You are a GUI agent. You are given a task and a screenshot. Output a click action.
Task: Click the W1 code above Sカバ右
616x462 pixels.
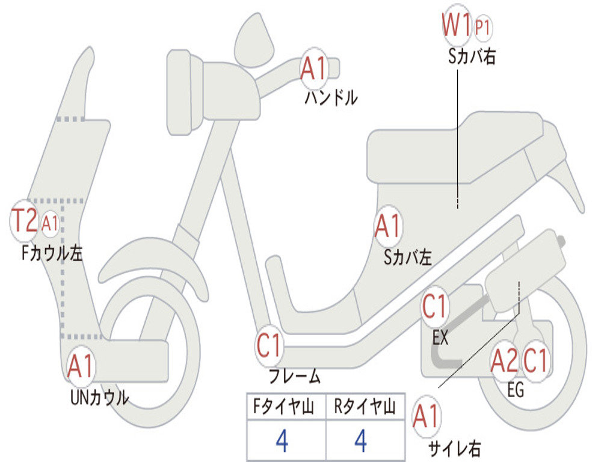[x=457, y=26]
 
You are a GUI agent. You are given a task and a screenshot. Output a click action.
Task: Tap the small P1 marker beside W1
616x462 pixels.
[x=483, y=28]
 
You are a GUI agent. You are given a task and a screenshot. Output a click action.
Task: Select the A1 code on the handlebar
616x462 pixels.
[x=314, y=68]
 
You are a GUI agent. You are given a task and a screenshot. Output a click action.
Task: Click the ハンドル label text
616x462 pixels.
[x=331, y=97]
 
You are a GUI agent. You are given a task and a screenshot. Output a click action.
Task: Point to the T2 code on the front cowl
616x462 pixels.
[x=25, y=221]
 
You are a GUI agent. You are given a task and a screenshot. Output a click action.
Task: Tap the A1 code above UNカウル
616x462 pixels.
[x=81, y=366]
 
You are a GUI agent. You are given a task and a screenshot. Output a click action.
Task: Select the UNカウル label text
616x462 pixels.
[x=99, y=397]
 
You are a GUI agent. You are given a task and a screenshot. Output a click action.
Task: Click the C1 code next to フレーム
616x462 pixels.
[x=269, y=345]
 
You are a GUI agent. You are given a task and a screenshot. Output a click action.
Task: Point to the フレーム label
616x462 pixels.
[x=294, y=377]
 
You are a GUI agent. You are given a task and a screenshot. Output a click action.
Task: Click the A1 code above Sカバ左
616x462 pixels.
[x=387, y=227]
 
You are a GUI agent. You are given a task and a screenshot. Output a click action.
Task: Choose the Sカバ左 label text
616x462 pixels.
[x=408, y=257]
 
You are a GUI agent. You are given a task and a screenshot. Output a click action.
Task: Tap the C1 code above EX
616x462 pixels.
[x=434, y=307]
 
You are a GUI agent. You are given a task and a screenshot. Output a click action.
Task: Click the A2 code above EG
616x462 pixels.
[x=504, y=360]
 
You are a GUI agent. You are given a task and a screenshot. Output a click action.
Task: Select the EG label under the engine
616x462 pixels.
[x=516, y=390]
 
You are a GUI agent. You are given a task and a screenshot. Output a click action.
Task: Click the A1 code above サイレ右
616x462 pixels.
[x=427, y=416]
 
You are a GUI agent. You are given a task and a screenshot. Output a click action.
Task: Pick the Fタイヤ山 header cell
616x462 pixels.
[x=286, y=407]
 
